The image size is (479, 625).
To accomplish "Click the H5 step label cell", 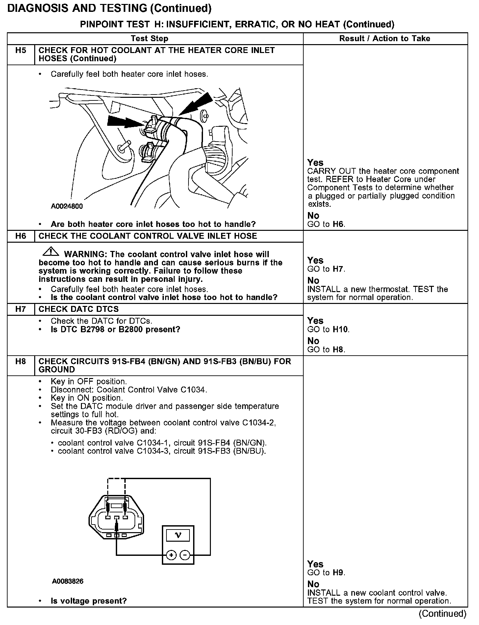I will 21,51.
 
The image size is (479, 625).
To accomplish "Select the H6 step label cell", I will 21,236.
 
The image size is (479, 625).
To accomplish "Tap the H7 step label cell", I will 21,309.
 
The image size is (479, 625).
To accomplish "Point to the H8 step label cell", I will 21,362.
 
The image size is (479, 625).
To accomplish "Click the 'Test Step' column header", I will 149,39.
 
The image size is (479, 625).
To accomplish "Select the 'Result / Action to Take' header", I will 385,39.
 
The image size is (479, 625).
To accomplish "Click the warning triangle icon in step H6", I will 50,252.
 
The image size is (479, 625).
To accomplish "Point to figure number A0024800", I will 67,206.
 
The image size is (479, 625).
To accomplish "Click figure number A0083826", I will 67,581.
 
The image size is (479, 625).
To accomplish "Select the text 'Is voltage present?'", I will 88,601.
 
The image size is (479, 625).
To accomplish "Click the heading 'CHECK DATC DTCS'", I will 79,309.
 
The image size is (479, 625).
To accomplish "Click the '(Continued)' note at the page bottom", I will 442,613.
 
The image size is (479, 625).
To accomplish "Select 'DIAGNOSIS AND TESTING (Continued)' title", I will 109,8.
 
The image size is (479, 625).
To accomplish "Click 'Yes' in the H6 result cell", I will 315,260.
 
